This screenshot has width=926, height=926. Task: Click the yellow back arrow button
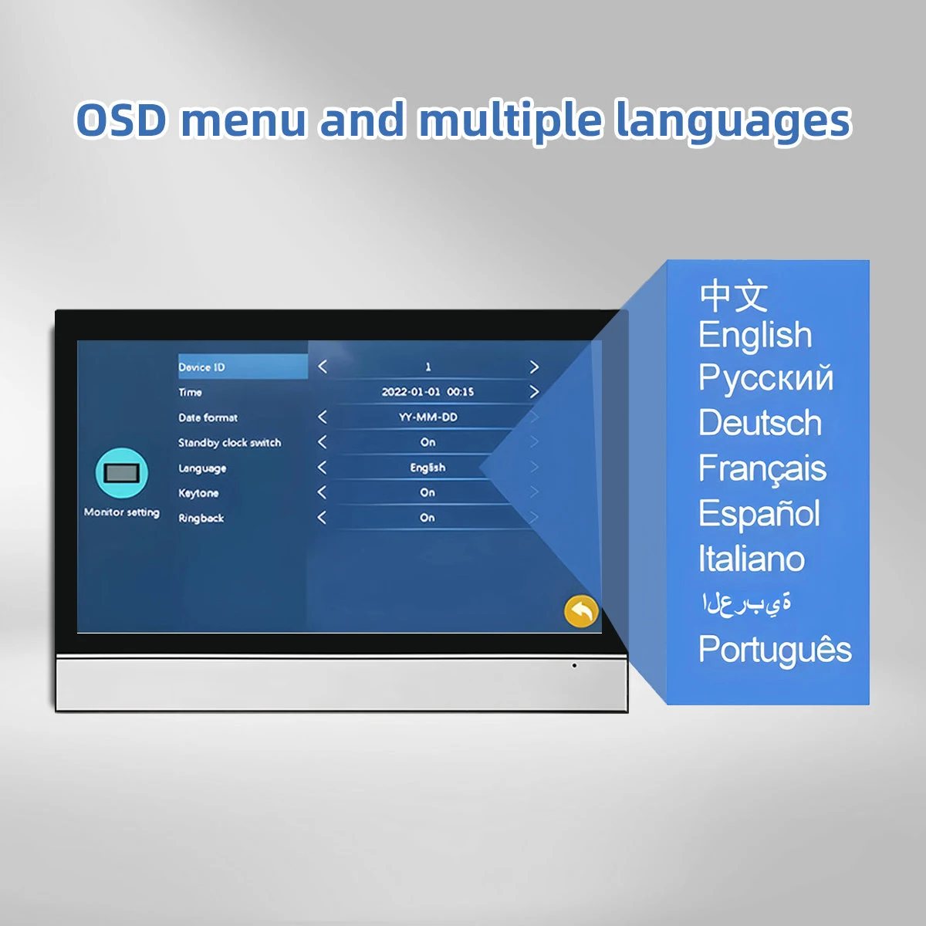582,611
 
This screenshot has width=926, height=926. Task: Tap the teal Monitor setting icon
122,473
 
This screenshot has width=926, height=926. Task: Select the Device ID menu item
201,367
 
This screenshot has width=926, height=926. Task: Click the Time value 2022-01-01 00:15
428,392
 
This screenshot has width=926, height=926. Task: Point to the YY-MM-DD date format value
428,417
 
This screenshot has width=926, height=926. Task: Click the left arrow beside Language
322,467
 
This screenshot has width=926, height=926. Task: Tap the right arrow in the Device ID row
534,367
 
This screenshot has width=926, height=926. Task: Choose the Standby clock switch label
229,443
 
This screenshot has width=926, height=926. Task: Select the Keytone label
198,493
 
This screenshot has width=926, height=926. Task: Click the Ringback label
201,518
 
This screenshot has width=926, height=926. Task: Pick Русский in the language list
765,378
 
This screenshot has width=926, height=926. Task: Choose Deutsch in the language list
760,422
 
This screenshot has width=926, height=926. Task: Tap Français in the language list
762,468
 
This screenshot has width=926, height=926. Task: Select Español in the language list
759,513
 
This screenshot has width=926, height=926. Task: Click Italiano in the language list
751,559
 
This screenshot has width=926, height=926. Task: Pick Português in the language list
775,650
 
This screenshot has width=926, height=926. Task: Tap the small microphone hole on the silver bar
574,665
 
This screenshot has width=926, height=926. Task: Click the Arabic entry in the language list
745,603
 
